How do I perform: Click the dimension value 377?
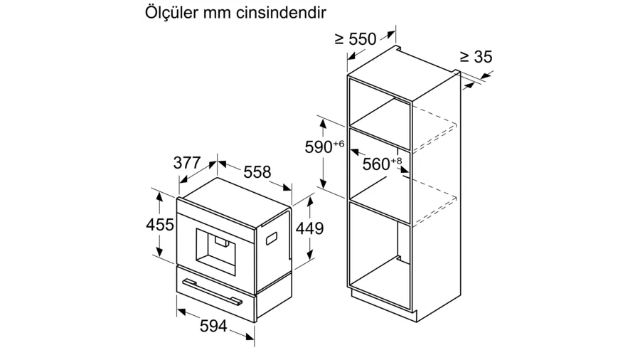pos(187,163)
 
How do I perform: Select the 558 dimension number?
pos(257,172)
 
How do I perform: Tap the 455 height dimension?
pos(159,225)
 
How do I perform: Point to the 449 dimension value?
pos(309,228)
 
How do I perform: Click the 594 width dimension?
pos(213,326)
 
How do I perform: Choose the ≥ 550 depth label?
pos(356,39)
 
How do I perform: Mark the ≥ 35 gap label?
pos(476,57)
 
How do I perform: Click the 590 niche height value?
pos(319,147)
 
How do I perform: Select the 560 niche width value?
pos(376,164)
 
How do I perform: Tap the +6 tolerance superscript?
pos(338,144)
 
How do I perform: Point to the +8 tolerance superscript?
pos(396,161)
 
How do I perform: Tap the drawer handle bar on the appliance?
pos(212,292)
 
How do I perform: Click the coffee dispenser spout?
pos(221,243)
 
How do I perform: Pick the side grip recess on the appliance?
pos(272,238)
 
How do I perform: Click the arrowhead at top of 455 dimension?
pos(159,196)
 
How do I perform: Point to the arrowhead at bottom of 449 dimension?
pos(310,255)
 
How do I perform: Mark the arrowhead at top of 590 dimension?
pos(323,123)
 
